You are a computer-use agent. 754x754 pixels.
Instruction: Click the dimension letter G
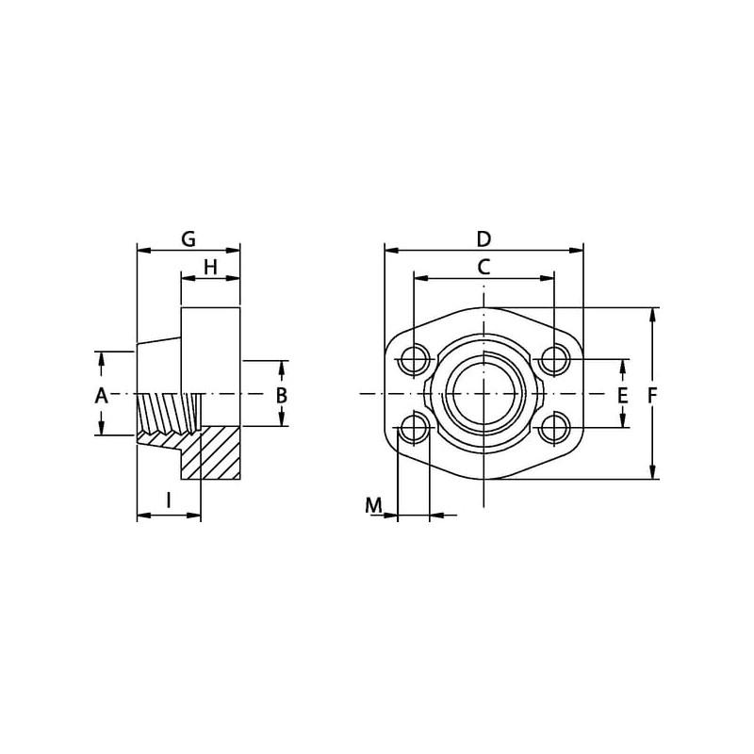[188, 239]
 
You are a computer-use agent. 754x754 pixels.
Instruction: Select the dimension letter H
[210, 267]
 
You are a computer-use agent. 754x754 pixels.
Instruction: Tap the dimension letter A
[101, 396]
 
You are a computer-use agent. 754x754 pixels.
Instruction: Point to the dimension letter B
[281, 395]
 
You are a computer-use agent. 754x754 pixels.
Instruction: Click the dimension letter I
[169, 500]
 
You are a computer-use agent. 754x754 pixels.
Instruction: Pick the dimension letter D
[484, 239]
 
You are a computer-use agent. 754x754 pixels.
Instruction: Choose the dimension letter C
[484, 267]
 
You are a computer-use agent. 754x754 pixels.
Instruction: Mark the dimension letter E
[623, 396]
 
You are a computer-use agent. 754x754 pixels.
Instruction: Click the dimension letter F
[652, 396]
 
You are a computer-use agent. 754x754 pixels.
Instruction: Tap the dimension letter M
[373, 505]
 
